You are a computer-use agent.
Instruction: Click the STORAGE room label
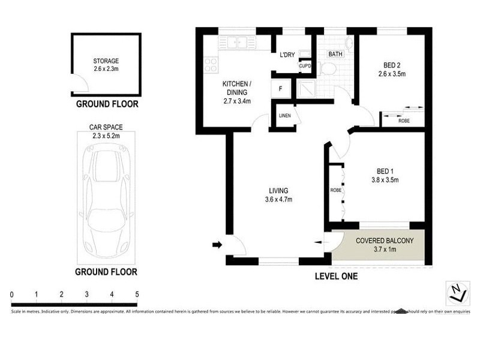(x=106, y=61)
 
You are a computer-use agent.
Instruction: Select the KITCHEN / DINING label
(x=236, y=88)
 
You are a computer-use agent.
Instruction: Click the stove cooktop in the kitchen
(x=210, y=64)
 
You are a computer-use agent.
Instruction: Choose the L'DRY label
(x=287, y=55)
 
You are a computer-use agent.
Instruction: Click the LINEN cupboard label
(x=285, y=116)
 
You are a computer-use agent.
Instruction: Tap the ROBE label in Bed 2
(x=405, y=121)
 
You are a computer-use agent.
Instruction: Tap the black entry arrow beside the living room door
(x=217, y=244)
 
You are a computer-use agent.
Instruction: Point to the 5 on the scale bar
(x=137, y=295)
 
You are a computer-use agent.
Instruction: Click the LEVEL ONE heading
(x=336, y=277)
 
